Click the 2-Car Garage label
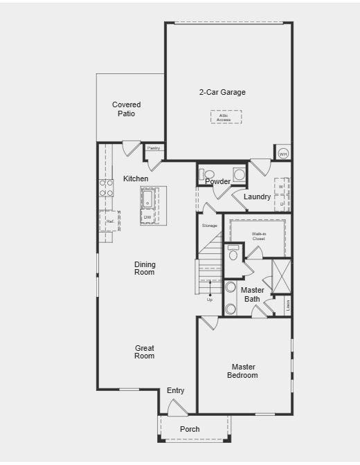pos(222,92)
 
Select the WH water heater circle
pos(282,154)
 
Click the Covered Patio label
pos(126,109)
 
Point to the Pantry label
pos(154,148)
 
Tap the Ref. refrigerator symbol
pos(110,221)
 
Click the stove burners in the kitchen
pos(107,188)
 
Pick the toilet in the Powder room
pos(210,174)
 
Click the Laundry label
pos(257,197)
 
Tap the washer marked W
pos(282,187)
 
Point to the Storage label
pos(209,226)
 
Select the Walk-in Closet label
pos(259,237)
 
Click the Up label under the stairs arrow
pos(210,300)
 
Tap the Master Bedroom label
pos(244,371)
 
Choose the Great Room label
pos(145,352)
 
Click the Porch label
pos(190,429)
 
